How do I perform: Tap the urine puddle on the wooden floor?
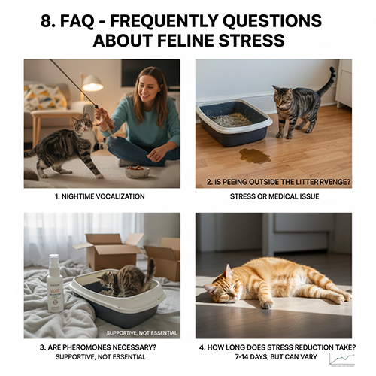[253, 156]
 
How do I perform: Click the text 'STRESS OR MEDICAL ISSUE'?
[274, 196]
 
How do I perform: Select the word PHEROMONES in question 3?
[85, 347]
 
